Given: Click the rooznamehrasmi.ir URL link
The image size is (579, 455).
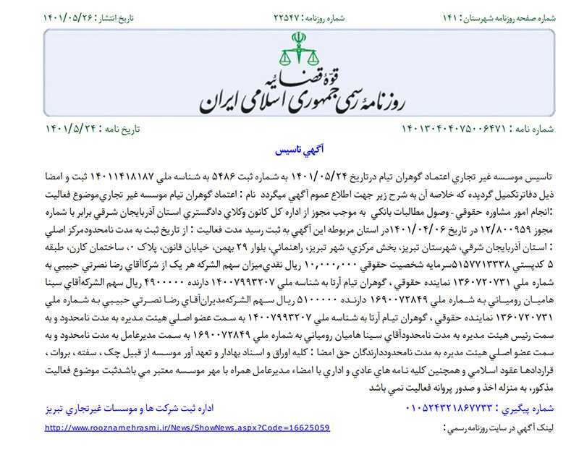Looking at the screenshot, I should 187,428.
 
